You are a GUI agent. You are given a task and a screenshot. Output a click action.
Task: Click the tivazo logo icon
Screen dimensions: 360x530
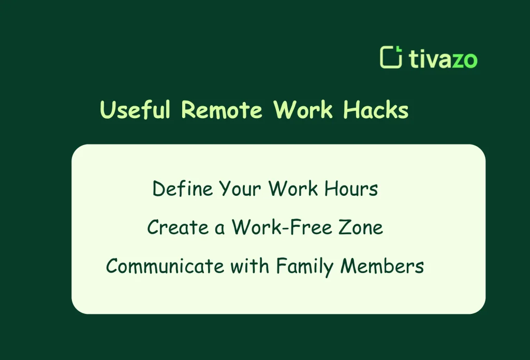(x=391, y=57)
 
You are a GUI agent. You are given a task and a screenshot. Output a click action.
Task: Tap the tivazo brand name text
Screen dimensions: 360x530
(x=443, y=59)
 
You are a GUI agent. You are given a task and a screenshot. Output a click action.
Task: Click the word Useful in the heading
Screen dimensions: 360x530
(x=135, y=110)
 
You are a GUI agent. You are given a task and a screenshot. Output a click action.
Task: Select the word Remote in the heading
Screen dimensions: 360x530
(x=222, y=110)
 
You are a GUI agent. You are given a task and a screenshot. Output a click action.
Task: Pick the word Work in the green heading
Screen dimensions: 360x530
(x=303, y=110)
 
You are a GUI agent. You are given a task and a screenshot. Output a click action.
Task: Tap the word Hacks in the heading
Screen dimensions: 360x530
(x=376, y=110)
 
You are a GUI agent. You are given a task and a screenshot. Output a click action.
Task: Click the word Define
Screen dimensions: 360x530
(x=183, y=189)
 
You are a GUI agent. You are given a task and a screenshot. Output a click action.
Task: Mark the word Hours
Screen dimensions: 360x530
(x=351, y=189)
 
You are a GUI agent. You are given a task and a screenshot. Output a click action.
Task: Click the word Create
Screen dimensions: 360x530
(x=173, y=227)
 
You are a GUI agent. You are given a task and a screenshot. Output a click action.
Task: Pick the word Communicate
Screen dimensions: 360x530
(x=165, y=266)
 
